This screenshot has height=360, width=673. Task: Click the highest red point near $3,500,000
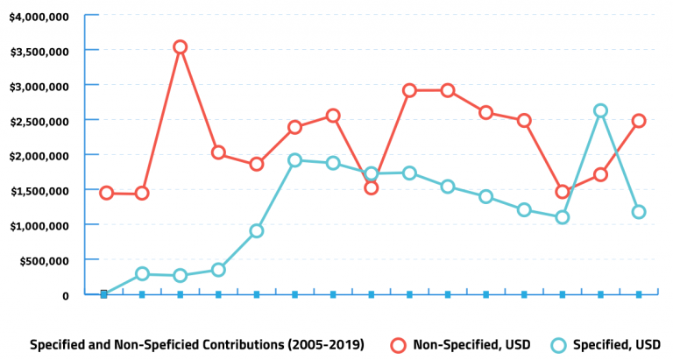[x=180, y=47]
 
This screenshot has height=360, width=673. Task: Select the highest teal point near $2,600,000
[x=600, y=111]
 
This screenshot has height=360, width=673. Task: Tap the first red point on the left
[x=106, y=193]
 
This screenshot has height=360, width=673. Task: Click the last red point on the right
[x=639, y=121]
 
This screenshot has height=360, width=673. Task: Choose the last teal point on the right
[x=639, y=212]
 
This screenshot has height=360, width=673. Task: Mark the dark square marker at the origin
[x=103, y=294]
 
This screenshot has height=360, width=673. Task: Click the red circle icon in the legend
[x=399, y=345]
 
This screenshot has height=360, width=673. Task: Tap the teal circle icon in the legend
[x=557, y=345]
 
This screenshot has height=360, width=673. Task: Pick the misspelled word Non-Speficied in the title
[x=141, y=345]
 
